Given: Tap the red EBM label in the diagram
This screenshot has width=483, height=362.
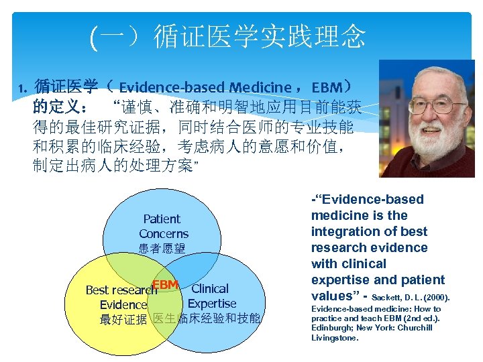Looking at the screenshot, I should pyautogui.click(x=165, y=285).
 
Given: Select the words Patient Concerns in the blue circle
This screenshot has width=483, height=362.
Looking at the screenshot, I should pyautogui.click(x=163, y=227).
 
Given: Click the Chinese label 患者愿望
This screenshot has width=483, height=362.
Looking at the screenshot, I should pyautogui.click(x=162, y=249).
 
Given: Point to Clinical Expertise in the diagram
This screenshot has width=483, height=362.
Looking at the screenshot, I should pyautogui.click(x=211, y=296).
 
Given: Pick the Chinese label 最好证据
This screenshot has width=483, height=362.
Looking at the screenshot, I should pyautogui.click(x=123, y=320).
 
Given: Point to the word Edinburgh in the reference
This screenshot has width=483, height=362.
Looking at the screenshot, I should pyautogui.click(x=333, y=328).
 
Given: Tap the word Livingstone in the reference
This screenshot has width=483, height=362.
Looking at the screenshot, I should pyautogui.click(x=335, y=338).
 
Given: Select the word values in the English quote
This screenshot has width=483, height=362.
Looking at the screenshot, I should pyautogui.click(x=331, y=296).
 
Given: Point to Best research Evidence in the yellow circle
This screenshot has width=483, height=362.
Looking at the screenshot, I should pyautogui.click(x=121, y=298).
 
